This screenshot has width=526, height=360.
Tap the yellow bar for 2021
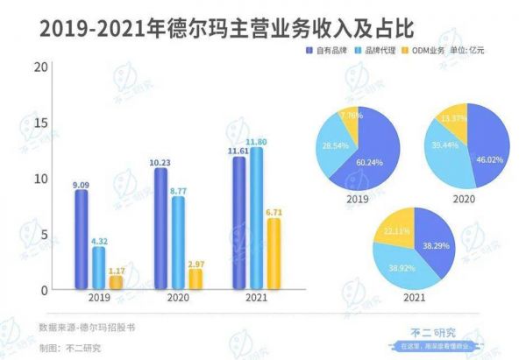pyautogui.click(x=274, y=254)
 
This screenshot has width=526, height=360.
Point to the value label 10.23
pyautogui.click(x=160, y=161)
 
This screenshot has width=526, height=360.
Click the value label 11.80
pyautogui.click(x=257, y=141)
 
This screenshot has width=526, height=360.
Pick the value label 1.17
pyautogui.click(x=117, y=270)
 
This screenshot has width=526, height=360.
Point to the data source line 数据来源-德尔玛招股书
pyautogui.click(x=88, y=328)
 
